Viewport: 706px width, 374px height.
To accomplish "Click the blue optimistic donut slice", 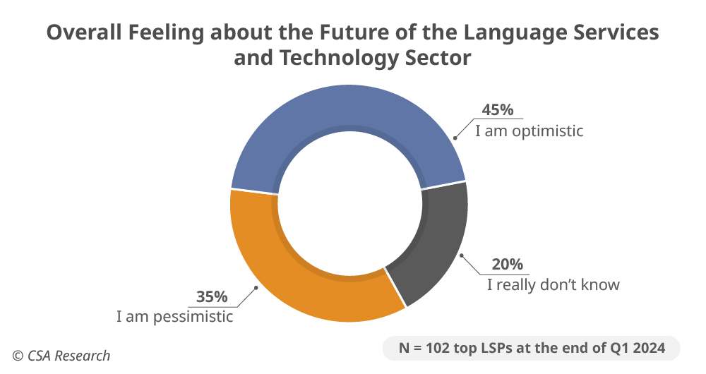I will (x=346, y=113).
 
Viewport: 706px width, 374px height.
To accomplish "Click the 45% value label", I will (x=498, y=110).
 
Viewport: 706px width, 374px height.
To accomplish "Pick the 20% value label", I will (x=508, y=264).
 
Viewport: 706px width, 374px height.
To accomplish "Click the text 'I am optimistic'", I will (x=529, y=131).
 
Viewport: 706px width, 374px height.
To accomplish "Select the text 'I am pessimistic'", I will (x=174, y=316).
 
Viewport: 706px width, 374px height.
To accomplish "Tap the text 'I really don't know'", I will (x=553, y=284).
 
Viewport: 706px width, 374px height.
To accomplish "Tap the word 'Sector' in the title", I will (x=439, y=58).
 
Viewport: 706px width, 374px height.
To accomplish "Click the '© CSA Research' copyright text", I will (x=61, y=356).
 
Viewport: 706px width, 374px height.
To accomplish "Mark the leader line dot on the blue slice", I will (x=454, y=138).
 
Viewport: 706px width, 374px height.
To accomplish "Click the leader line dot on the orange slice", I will (x=256, y=288).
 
